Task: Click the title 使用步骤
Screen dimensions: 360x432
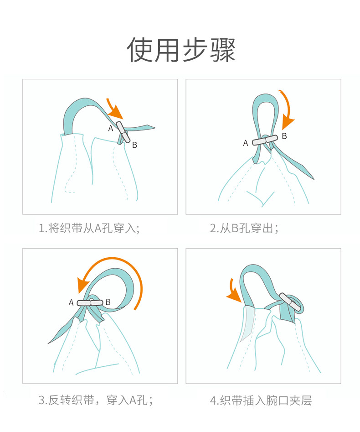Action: point(181,50)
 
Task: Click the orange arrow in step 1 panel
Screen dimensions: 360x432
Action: point(113,109)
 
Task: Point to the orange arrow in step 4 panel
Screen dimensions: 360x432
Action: point(233,292)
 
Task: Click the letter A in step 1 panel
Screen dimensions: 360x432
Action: point(111,128)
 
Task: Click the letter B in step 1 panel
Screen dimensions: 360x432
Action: point(134,145)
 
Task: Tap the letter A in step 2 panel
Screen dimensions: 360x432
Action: point(246,143)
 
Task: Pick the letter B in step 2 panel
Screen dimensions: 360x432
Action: point(284,136)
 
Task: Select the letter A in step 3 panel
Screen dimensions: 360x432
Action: point(71,302)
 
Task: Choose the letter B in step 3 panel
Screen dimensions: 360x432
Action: point(108,302)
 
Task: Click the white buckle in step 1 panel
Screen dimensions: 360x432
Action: point(123,132)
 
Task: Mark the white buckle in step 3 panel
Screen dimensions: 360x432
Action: point(90,303)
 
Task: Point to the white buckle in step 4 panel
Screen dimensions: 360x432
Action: point(290,302)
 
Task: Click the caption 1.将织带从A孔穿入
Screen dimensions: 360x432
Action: point(89,228)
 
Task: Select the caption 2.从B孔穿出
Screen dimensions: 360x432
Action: point(244,228)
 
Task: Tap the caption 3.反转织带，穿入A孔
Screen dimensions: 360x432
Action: point(96,400)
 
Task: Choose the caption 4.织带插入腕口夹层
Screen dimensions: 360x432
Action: point(261,401)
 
